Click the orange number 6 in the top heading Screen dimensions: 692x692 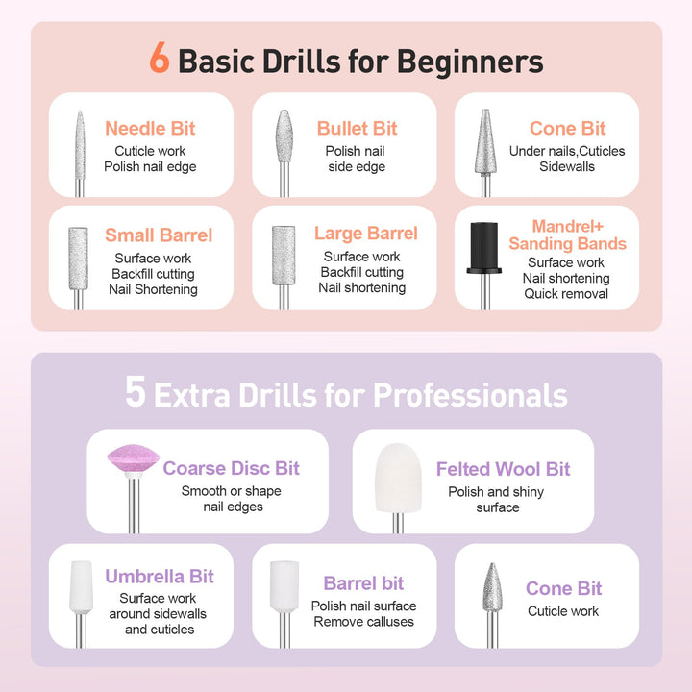tap(160, 60)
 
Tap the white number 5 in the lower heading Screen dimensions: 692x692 tap(136, 392)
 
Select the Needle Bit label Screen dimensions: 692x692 tap(150, 129)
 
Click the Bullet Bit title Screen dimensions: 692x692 tap(357, 129)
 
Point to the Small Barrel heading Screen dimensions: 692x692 tap(159, 235)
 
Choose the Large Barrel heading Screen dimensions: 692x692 tap(365, 234)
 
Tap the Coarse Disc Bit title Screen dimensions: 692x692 tap(231, 469)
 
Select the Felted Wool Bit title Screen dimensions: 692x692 tap(503, 469)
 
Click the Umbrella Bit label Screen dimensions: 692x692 tap(160, 577)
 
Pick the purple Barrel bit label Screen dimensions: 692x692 tap(363, 583)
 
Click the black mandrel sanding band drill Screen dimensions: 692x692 tap(482, 248)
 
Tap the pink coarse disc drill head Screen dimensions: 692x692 tap(134, 466)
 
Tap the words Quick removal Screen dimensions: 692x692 tap(566, 294)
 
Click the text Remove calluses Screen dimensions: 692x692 tap(363, 622)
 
